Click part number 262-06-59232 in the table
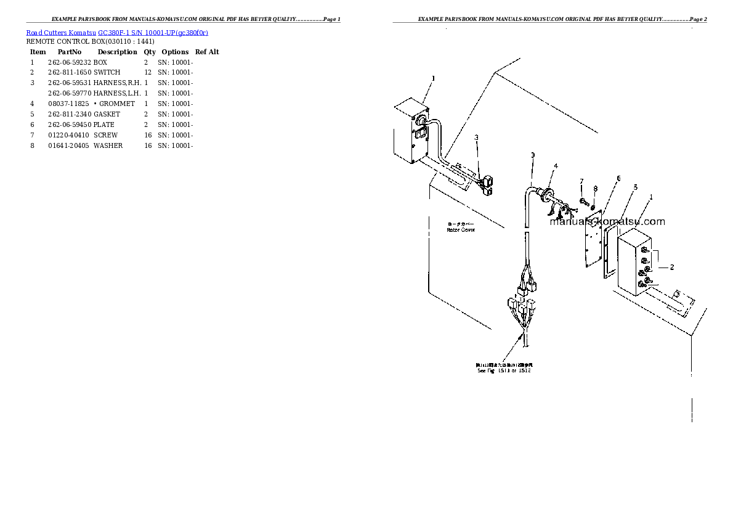tap(69, 62)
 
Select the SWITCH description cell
tap(107, 73)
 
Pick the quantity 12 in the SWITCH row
tap(147, 73)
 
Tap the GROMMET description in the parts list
tap(116, 104)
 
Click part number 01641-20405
tap(69, 146)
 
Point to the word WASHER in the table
tap(108, 146)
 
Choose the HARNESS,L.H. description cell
tap(117, 94)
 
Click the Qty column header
tap(150, 52)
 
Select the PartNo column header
tap(69, 52)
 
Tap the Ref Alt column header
tap(207, 52)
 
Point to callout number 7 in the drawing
tap(581, 181)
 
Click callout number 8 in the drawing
tap(595, 188)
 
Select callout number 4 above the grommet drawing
tap(556, 166)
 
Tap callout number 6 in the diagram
tap(618, 178)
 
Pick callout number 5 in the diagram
tap(635, 187)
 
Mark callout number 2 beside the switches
tap(671, 267)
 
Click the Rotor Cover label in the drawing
tap(460, 230)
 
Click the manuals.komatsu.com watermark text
tap(607, 222)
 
